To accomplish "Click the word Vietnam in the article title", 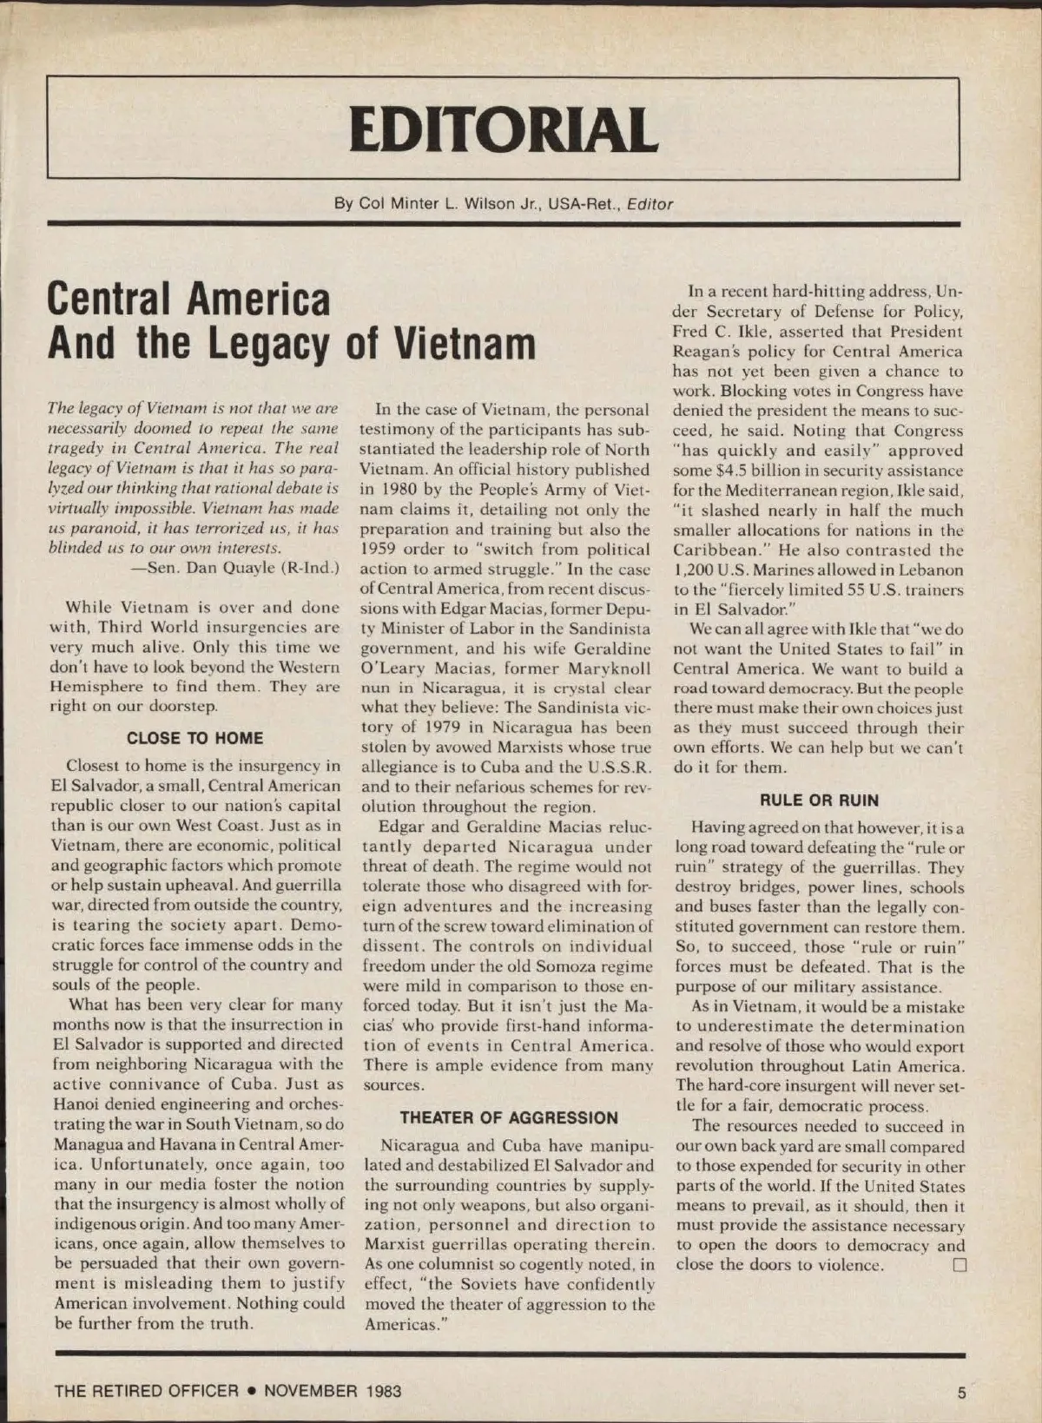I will coord(464,343).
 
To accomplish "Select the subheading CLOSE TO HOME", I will coord(195,739).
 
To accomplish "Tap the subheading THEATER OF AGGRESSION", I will coord(509,1118).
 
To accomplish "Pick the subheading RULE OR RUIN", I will coord(819,800).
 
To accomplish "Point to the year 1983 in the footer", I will coord(383,1392).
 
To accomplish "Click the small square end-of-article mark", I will coord(960,1265).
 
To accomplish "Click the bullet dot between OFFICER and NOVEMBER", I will coord(251,1392).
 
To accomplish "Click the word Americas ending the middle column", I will coord(400,1324).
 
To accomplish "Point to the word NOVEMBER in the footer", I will coord(310,1392).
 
